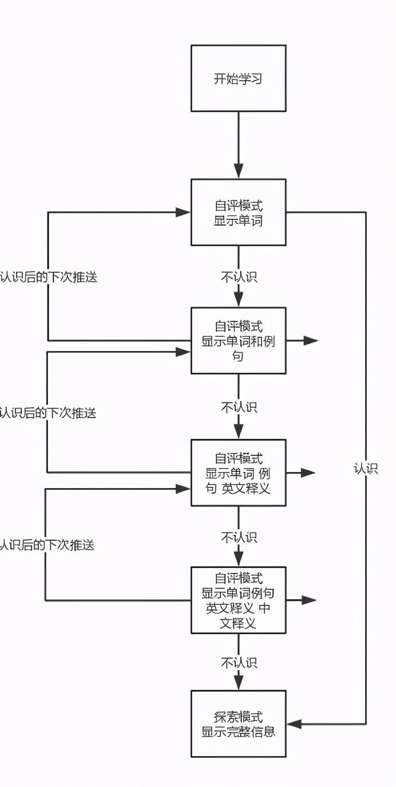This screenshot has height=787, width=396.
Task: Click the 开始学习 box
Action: click(x=238, y=78)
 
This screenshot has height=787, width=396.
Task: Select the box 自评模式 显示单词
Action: click(x=238, y=213)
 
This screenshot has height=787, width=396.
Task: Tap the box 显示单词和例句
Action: click(x=238, y=341)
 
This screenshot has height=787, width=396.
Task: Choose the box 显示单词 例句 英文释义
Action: click(x=238, y=473)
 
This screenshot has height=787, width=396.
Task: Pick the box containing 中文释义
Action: click(x=238, y=600)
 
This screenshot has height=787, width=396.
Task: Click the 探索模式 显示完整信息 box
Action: click(x=238, y=724)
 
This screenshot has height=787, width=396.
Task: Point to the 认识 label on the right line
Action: click(x=366, y=469)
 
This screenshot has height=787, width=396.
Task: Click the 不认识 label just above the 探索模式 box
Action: click(x=239, y=663)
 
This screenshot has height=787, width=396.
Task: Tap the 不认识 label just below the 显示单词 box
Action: click(x=239, y=277)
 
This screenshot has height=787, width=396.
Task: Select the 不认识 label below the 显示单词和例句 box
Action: click(x=239, y=407)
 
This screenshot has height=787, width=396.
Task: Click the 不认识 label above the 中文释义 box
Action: click(x=239, y=537)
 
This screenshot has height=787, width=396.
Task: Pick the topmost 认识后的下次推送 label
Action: click(x=49, y=277)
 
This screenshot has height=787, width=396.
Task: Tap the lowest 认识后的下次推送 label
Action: click(x=47, y=545)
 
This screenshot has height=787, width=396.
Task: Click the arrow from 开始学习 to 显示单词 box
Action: click(x=239, y=145)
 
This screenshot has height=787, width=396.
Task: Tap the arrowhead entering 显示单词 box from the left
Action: click(x=183, y=213)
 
